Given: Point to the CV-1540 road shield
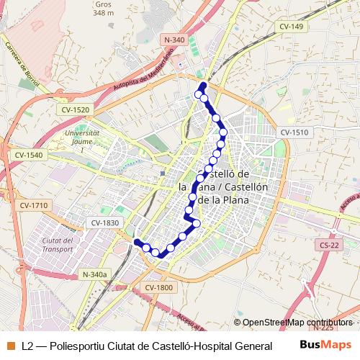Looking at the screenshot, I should (x=28, y=155).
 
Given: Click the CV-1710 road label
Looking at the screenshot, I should (x=34, y=205).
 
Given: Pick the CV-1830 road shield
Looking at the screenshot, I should (x=105, y=223).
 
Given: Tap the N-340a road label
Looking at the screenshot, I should (x=94, y=274).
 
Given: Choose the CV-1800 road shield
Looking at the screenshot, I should (x=158, y=287).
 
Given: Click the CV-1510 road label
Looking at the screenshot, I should (x=294, y=132).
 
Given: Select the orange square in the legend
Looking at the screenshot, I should (x=11, y=345).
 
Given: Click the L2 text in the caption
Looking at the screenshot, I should (x=28, y=346).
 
